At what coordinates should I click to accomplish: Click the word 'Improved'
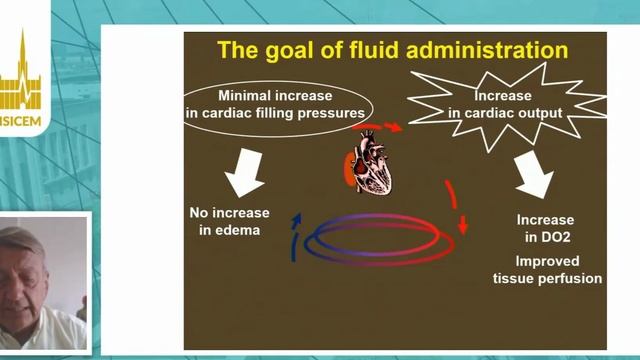tap(546, 260)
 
